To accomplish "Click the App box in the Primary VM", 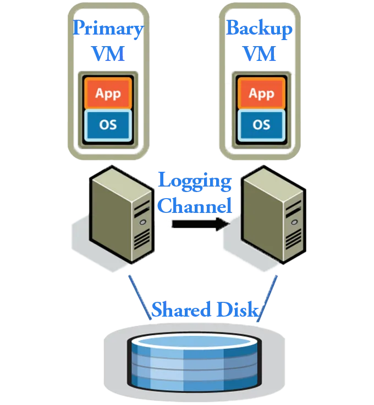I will tap(108, 93).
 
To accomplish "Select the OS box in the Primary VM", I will tap(108, 125).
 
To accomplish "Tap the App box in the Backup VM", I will tap(261, 93).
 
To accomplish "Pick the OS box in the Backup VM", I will tap(261, 125).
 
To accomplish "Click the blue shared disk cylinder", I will tap(194, 362).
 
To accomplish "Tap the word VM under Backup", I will tap(259, 53).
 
